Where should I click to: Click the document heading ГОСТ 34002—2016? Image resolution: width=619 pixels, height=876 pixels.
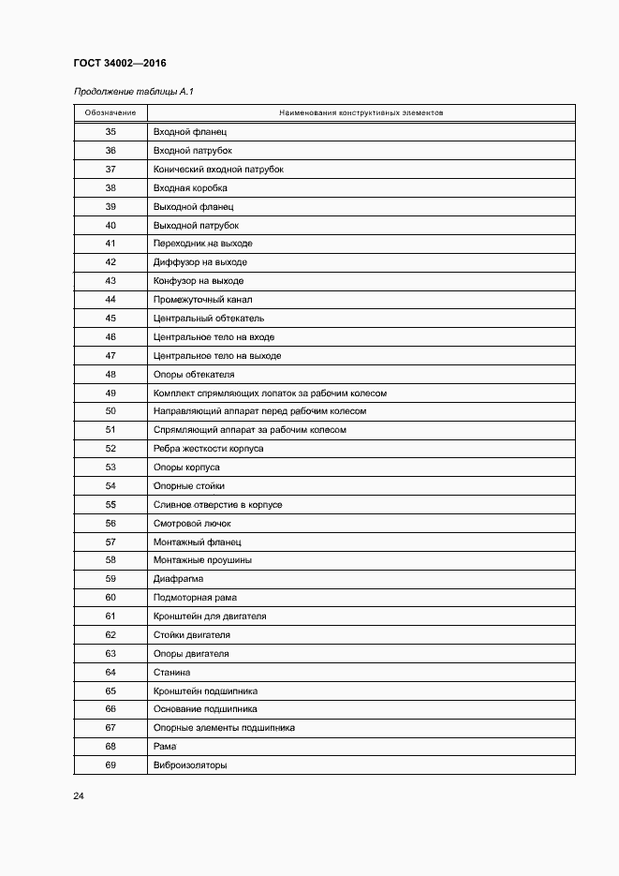[118, 63]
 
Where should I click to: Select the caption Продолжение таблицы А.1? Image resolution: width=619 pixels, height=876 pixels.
[133, 92]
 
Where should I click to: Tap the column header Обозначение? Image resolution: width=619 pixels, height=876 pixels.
[111, 113]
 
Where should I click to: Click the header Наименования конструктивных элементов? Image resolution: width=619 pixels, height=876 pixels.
[361, 113]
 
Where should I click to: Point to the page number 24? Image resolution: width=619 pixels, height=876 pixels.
[79, 796]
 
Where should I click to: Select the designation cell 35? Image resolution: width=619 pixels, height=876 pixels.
[111, 132]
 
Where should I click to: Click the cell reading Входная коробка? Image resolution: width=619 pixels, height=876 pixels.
[190, 188]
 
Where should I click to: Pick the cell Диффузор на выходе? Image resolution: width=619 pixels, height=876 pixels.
[199, 262]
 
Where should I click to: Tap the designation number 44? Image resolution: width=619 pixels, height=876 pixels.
[111, 300]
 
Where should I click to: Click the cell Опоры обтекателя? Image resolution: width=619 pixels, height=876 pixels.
[194, 375]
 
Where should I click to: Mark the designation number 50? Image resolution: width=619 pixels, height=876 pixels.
[111, 411]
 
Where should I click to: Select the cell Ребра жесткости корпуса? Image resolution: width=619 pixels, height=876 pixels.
[208, 449]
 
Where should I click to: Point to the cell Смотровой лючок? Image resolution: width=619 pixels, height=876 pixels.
[192, 524]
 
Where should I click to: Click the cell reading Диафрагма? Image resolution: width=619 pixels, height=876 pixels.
[178, 579]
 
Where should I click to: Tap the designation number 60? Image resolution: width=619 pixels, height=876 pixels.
[111, 598]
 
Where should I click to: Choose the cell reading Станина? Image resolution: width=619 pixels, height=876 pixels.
[171, 673]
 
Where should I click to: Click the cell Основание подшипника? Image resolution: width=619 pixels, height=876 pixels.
[205, 709]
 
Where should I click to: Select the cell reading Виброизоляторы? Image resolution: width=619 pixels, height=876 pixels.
[190, 765]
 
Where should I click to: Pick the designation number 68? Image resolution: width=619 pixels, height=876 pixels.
[111, 747]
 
